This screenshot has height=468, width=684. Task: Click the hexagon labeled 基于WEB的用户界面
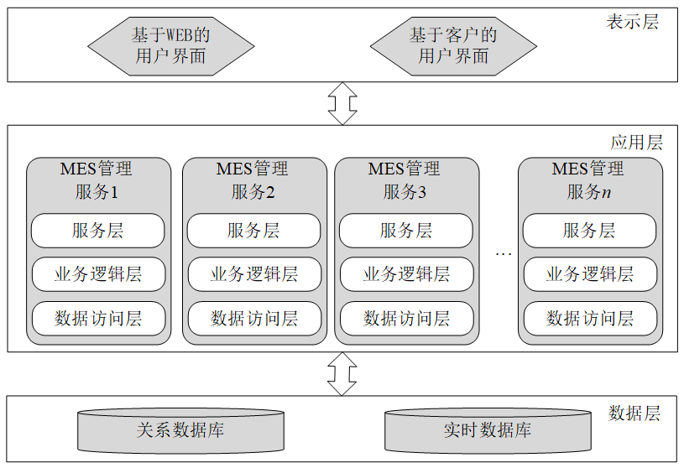[170, 46]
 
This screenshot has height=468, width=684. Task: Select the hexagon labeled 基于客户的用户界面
[453, 46]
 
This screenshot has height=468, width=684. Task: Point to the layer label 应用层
[636, 142]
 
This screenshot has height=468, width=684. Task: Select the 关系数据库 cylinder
[180, 431]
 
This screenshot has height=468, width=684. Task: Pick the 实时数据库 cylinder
[488, 431]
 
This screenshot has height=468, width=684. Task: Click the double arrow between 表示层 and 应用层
[342, 103]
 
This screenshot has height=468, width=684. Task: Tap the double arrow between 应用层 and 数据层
[342, 373]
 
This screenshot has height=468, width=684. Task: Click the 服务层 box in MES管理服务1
[98, 231]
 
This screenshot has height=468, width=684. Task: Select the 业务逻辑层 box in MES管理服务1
[98, 274]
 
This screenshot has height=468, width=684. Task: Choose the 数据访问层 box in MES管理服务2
[253, 318]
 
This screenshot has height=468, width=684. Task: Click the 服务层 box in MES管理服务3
[406, 231]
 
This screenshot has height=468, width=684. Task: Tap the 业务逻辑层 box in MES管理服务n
[589, 274]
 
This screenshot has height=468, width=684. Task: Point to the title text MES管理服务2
[253, 179]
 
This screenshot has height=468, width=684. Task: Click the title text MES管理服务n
[588, 179]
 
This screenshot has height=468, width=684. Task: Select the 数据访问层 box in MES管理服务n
[589, 318]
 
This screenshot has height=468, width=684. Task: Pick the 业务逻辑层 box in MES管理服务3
[406, 274]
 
